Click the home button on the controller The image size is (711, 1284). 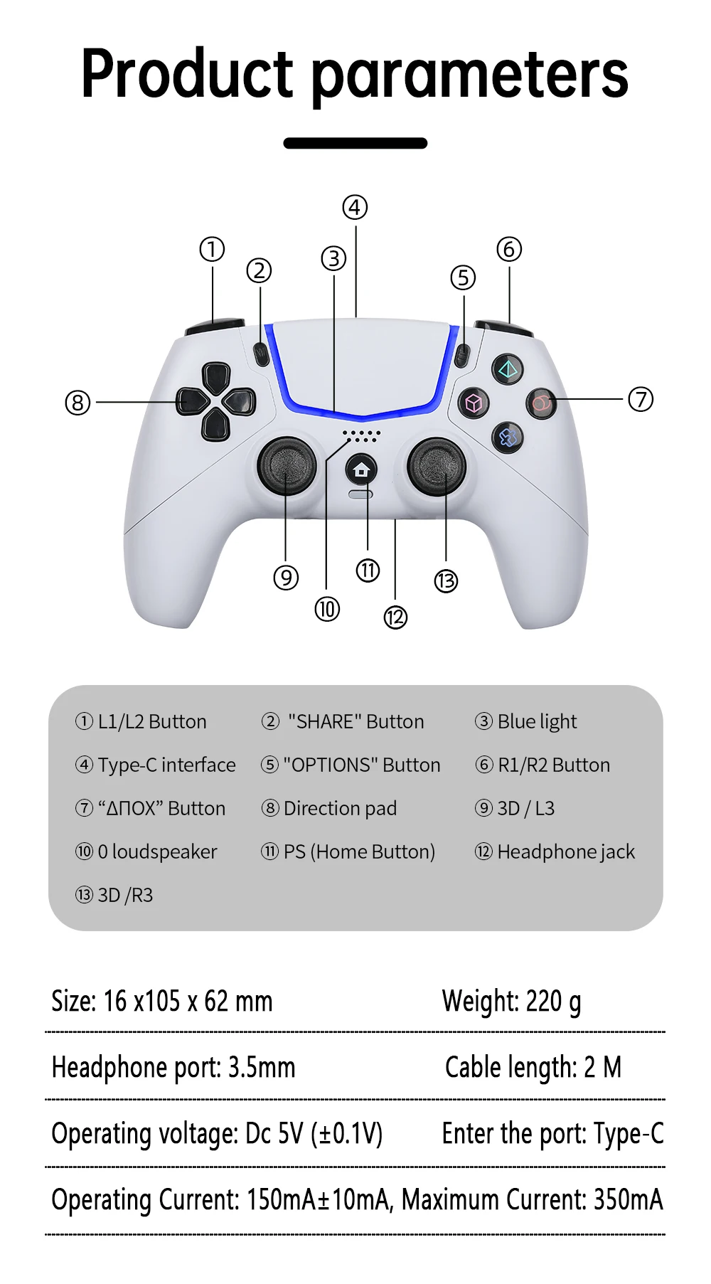[x=361, y=470]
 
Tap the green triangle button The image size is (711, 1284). [x=508, y=368]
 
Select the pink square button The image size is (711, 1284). [x=474, y=403]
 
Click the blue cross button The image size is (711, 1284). [x=508, y=437]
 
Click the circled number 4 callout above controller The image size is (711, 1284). [x=355, y=208]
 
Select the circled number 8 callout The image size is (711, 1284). [x=77, y=403]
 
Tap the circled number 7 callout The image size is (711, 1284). [x=641, y=399]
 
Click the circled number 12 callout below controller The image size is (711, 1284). [x=395, y=617]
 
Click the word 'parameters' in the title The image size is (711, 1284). [x=470, y=74]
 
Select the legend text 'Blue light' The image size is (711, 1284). [x=537, y=721]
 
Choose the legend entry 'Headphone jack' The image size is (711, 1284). [x=566, y=851]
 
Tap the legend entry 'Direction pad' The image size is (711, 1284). [x=340, y=808]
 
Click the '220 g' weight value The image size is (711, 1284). [x=553, y=1002]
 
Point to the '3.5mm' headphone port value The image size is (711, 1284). [x=261, y=1067]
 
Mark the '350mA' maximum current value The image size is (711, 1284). [x=628, y=1199]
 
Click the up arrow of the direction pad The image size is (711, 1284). [x=215, y=376]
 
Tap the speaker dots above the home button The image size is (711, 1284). [x=361, y=435]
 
